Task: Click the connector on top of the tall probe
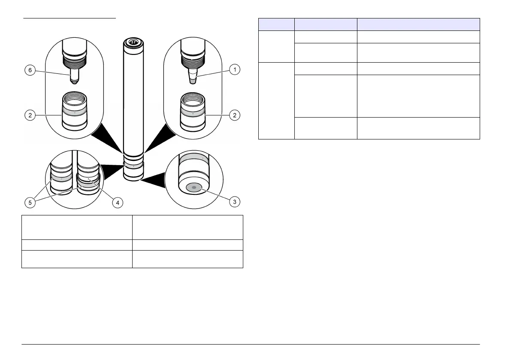133,42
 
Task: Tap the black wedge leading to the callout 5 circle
112,169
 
